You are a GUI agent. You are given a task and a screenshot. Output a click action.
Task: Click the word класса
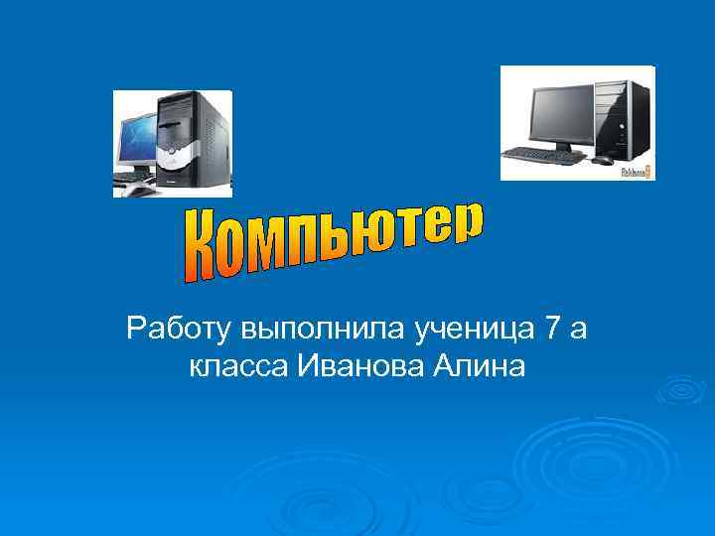(x=233, y=368)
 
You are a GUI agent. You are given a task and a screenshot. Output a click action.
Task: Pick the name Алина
(x=478, y=367)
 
